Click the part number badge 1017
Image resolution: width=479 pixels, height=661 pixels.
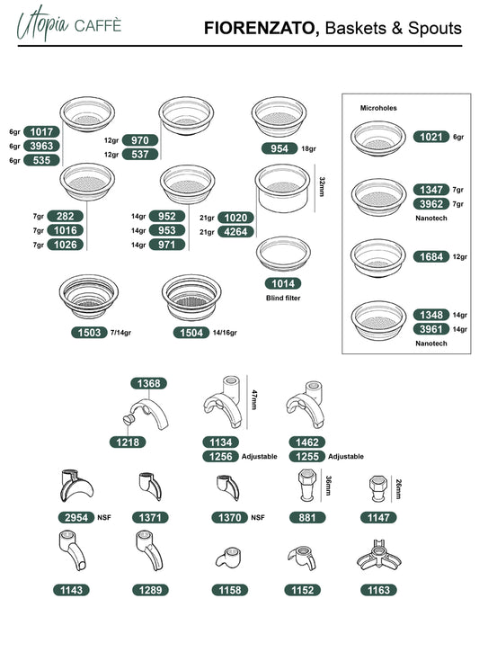pos(41,131)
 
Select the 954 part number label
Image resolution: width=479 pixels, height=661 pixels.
pos(279,148)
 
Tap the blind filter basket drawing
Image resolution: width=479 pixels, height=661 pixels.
pos(283,254)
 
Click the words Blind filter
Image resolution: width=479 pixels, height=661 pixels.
pos(283,298)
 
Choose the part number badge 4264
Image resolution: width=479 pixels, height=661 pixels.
pos(236,231)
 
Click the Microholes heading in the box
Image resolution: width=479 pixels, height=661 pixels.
pos(378,108)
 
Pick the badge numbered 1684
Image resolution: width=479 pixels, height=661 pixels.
pos(431,256)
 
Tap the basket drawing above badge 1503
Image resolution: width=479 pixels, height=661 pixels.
pos(88,297)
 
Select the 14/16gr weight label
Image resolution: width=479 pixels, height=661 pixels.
pos(225,333)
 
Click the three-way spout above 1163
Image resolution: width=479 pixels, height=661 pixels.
pos(378,555)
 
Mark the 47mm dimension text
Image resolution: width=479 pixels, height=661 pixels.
pos(254,399)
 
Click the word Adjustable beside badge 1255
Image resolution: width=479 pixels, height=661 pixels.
pos(346,457)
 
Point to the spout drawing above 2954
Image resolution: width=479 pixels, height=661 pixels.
pos(75,486)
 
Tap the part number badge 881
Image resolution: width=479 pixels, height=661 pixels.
pos(307,517)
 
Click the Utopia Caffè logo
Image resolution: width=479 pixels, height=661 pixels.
pos(69,23)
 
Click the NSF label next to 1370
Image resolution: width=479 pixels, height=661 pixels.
pos(258,517)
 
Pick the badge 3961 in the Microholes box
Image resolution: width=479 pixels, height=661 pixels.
pos(431,329)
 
